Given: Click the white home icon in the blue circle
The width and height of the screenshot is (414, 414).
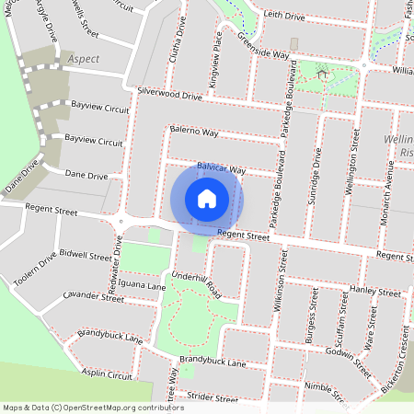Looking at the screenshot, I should click(x=207, y=198).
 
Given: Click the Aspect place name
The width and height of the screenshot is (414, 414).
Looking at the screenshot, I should click(x=84, y=58).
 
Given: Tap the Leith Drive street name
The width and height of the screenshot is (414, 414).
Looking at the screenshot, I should click(x=285, y=16).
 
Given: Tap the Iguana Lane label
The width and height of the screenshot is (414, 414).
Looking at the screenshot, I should click(x=143, y=287).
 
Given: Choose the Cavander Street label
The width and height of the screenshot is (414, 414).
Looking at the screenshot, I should click(x=93, y=297).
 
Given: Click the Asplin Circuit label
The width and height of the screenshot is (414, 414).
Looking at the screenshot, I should click(x=107, y=375).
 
